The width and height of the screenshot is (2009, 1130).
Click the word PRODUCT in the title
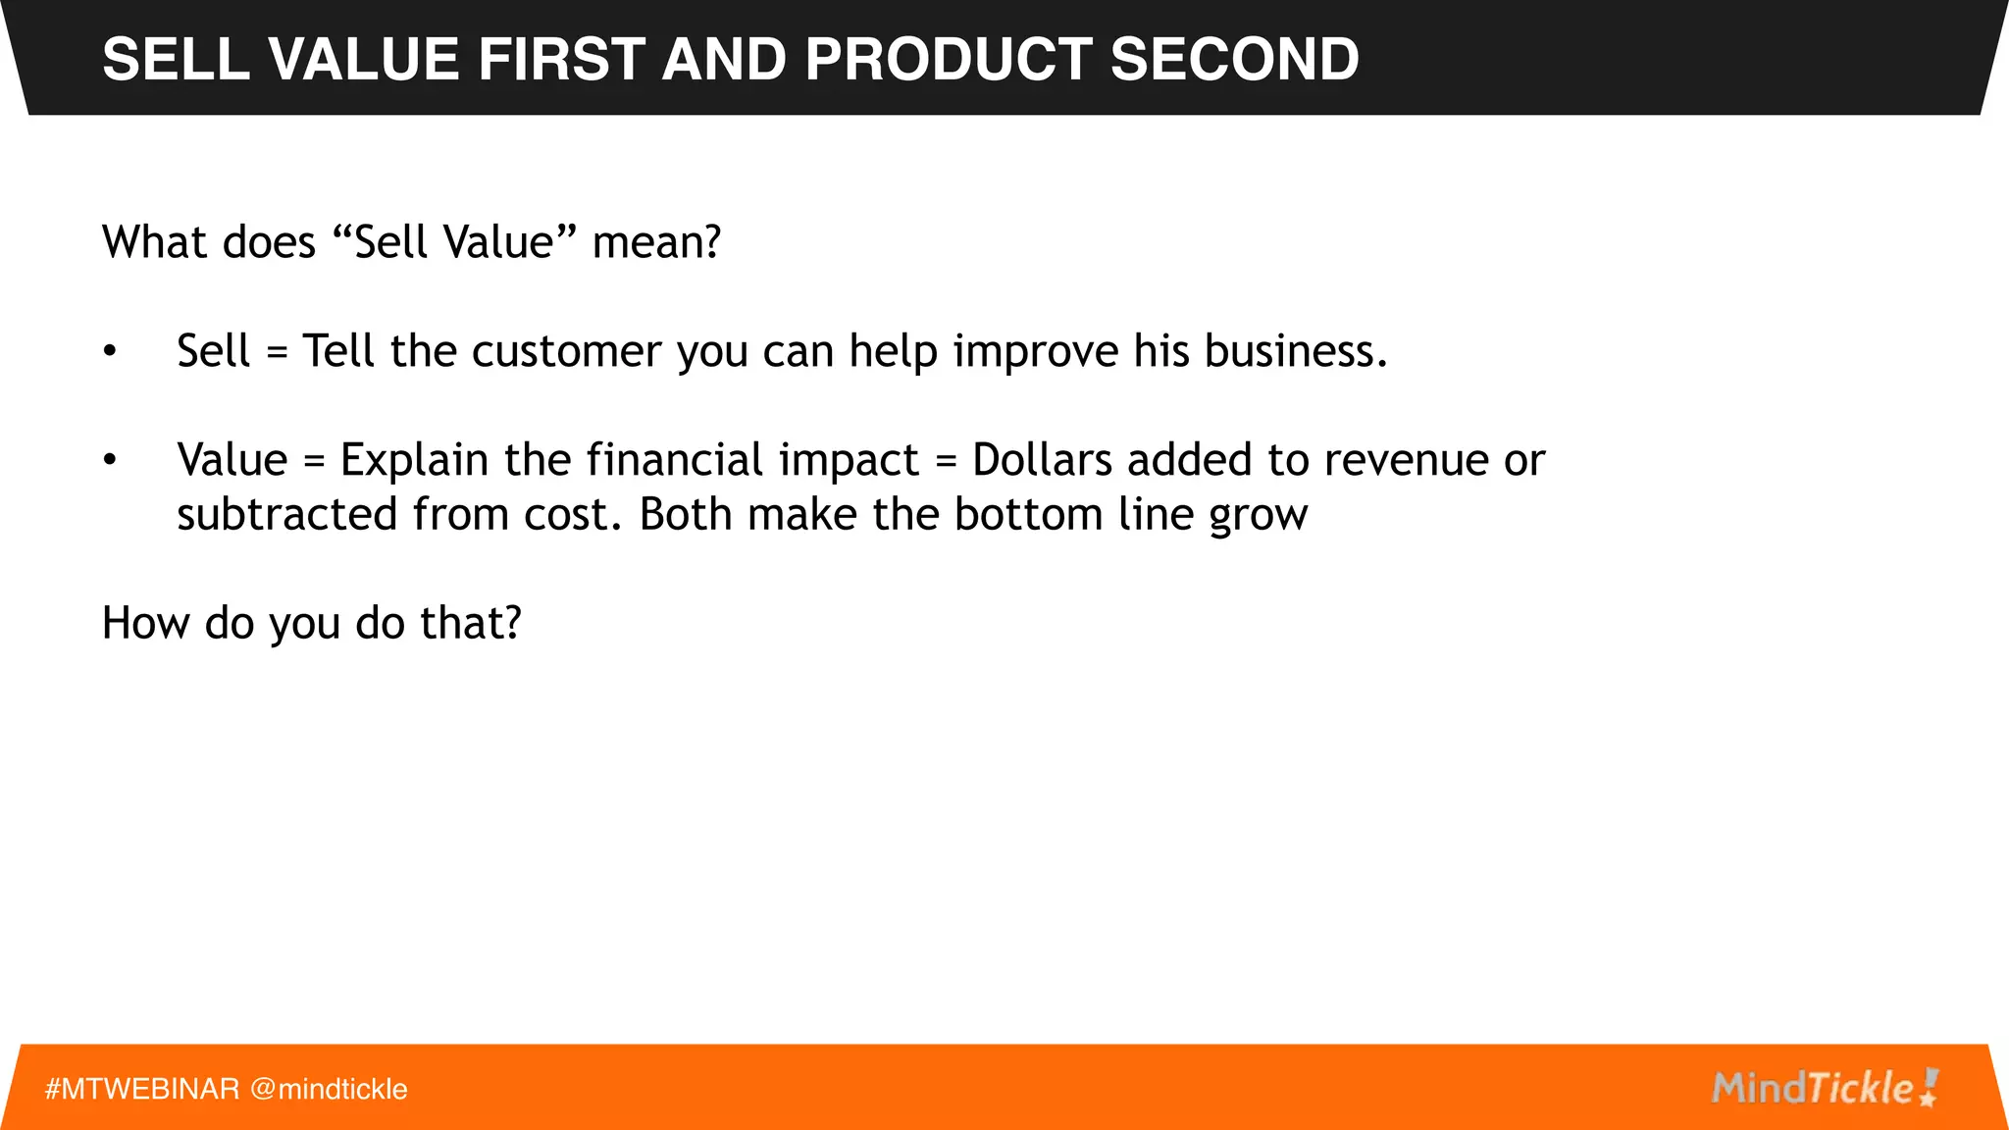pos(947,59)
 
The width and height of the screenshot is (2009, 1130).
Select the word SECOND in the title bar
pos(1234,59)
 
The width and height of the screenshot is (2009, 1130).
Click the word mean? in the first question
pos(656,242)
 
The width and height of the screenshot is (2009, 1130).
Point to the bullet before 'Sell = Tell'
pos(110,351)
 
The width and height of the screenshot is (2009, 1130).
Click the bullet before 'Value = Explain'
pos(110,459)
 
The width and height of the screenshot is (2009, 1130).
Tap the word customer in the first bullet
pos(566,351)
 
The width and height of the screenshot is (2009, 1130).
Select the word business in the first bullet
pos(1295,351)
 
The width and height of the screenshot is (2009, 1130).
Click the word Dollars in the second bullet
pos(1042,459)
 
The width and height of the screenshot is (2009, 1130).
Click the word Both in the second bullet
pos(686,514)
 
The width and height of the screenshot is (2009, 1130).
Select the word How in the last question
pos(145,623)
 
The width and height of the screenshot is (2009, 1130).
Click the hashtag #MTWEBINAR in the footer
pos(142,1089)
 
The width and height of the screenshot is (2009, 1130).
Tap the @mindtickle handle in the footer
pos(329,1089)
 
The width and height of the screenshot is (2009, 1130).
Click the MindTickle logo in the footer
pos(1824,1088)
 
